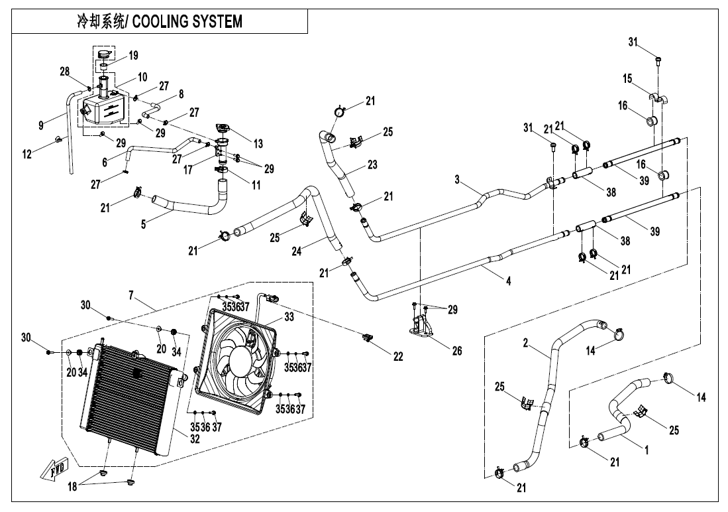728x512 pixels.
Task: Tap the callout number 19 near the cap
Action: point(133,56)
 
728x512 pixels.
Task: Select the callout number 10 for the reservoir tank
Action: point(142,78)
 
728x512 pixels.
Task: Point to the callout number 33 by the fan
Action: point(289,318)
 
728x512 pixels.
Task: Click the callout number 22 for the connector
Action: point(397,357)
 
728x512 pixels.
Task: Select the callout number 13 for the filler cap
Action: point(258,144)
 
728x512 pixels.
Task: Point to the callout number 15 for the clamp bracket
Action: point(627,79)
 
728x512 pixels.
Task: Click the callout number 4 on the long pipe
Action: point(508,282)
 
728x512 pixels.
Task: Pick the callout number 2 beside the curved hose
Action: point(525,344)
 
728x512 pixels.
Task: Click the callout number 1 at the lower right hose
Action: point(647,450)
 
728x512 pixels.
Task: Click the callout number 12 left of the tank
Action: point(26,155)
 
